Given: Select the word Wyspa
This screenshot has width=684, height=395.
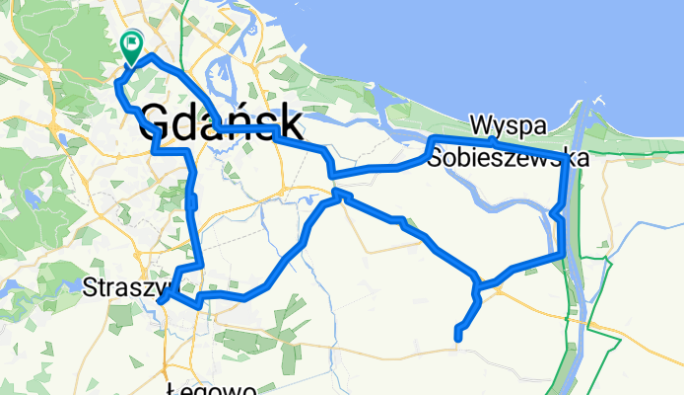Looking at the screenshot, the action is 508,125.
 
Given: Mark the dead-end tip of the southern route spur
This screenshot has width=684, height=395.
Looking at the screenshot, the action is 458,341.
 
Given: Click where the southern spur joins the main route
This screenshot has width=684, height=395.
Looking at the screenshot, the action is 477,288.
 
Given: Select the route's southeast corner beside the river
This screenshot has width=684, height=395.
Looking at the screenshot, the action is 563,254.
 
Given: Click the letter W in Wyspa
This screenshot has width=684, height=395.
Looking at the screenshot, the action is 481,125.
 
